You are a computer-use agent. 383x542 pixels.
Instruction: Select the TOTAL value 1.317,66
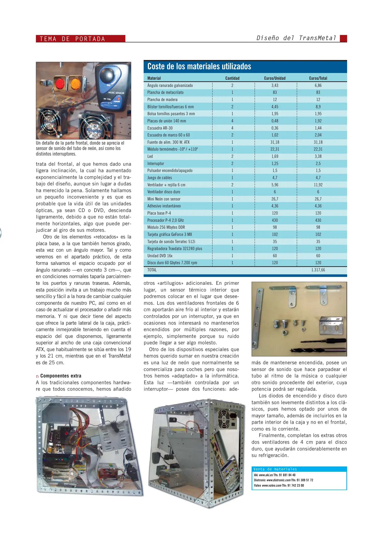point(318,270)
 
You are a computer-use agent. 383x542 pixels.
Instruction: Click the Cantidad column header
point(232,78)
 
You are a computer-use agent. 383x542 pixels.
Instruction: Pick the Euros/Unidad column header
point(275,78)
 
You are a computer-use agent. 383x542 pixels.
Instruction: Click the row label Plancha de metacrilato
point(165,92)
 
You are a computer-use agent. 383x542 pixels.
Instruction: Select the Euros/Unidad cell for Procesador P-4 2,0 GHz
point(275,220)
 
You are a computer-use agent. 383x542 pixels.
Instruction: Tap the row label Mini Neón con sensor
point(164,199)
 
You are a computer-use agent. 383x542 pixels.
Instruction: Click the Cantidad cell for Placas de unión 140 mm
point(232,121)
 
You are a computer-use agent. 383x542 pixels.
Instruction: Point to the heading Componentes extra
point(61,376)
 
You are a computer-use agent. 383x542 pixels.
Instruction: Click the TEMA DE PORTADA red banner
point(80,39)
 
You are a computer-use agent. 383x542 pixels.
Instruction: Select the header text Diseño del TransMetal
point(296,38)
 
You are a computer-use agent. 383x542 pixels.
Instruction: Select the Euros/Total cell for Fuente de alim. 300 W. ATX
point(318,142)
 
